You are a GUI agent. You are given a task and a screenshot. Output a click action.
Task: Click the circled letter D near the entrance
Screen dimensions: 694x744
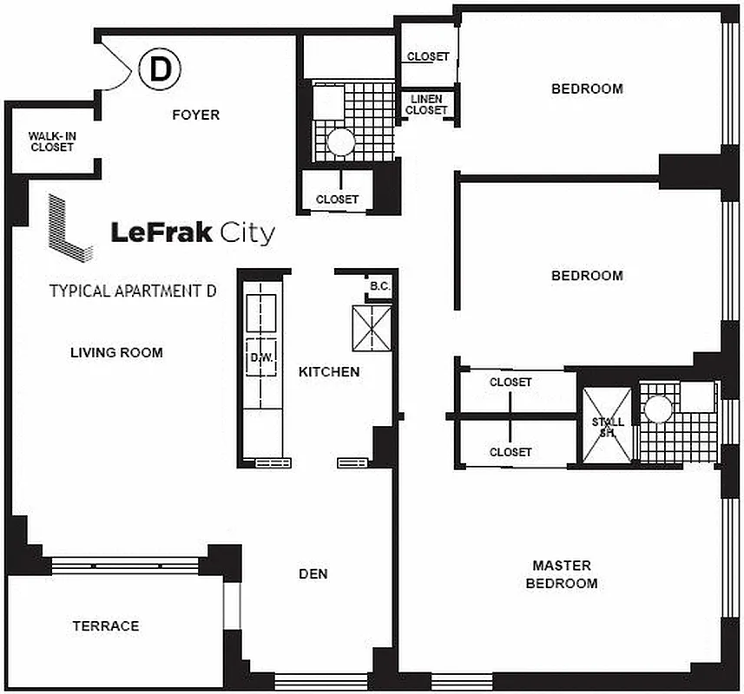(159, 69)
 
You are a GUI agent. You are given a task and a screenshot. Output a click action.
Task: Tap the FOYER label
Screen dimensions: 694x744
(195, 115)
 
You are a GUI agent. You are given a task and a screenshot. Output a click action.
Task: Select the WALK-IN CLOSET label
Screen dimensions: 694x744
(51, 141)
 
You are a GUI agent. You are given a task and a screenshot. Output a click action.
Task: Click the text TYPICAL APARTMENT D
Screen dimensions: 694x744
(132, 291)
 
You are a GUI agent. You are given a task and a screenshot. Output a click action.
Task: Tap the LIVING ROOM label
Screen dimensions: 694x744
(116, 352)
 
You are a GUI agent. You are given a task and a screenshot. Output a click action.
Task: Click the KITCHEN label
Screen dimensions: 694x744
(329, 371)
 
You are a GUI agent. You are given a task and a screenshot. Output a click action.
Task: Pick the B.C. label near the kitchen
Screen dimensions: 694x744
(379, 285)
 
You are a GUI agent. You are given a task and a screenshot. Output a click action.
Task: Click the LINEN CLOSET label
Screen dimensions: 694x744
(426, 105)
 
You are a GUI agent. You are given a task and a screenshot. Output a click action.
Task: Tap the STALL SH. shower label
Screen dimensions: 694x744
(608, 427)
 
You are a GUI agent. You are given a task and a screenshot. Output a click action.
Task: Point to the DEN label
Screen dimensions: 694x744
(313, 573)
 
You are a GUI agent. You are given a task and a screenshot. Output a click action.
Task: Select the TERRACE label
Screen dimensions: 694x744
(105, 625)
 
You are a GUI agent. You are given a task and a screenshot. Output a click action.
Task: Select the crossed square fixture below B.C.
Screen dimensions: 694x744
(371, 327)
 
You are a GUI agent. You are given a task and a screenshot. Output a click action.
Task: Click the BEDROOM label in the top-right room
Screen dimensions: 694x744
(588, 88)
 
